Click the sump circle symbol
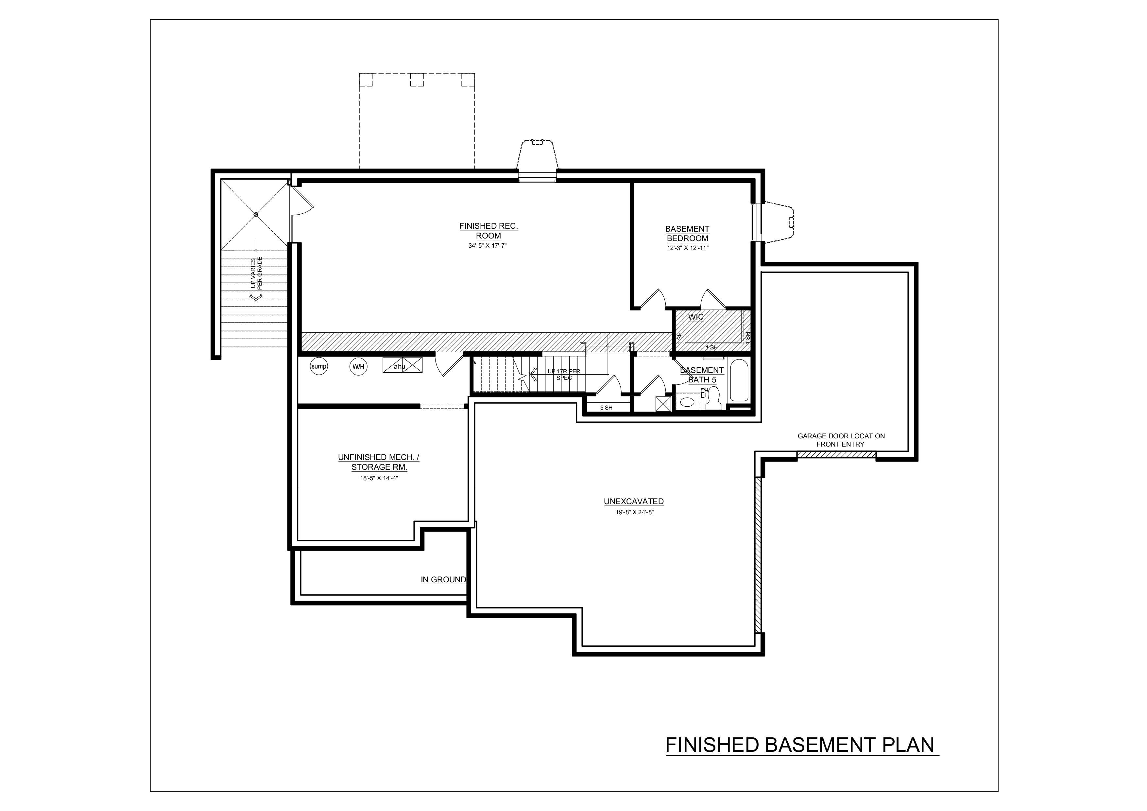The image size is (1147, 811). (x=319, y=366)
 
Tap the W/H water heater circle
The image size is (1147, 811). (x=358, y=367)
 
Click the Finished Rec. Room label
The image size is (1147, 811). (x=488, y=231)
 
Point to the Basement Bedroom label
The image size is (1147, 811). (x=687, y=233)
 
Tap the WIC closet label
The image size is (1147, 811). (x=695, y=317)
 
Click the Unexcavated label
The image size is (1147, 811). (x=633, y=501)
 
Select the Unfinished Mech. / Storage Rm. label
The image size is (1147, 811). (x=379, y=462)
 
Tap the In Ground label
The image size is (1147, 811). (x=443, y=580)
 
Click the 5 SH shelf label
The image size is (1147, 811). (x=606, y=408)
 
